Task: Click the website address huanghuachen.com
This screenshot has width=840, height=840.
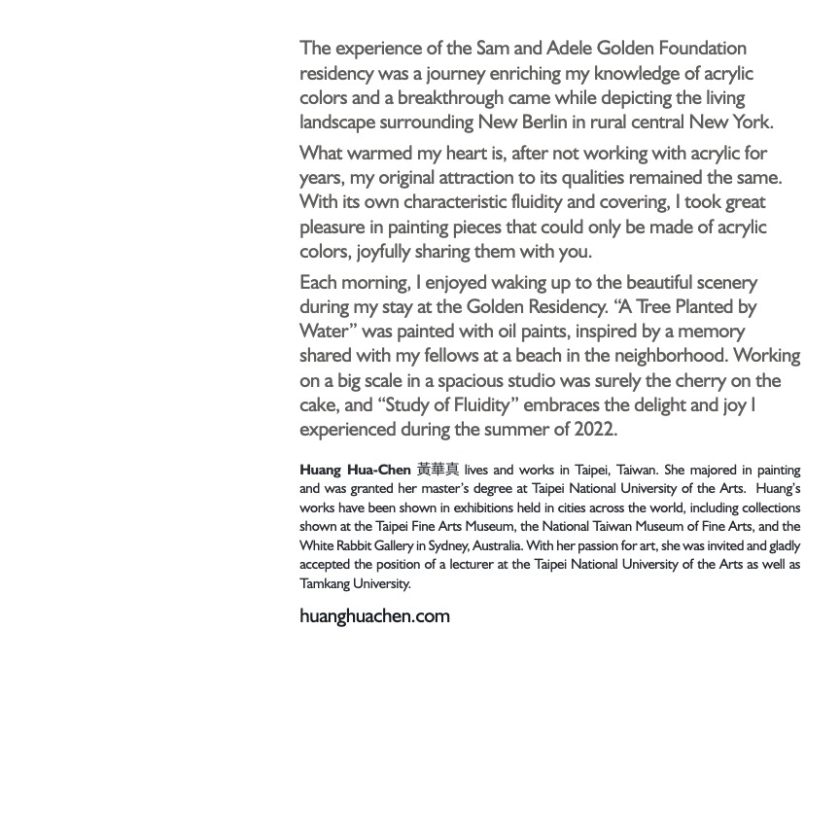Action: (x=374, y=616)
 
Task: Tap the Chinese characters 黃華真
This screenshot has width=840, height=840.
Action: (x=437, y=471)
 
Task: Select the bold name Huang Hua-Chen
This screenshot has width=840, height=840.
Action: (x=355, y=471)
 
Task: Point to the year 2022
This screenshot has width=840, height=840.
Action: (x=594, y=430)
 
